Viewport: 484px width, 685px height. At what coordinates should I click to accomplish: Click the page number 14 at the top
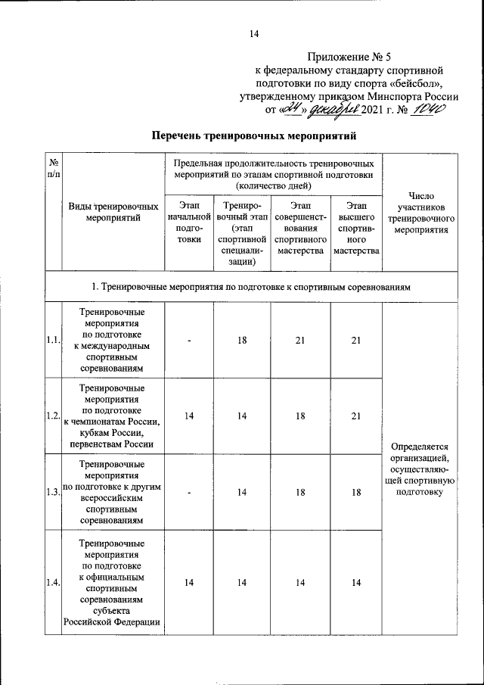254,33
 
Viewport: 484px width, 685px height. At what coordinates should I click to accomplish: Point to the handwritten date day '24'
291,110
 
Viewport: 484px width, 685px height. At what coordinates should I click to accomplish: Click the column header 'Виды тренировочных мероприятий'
113,212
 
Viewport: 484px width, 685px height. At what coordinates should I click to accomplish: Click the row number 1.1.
53,340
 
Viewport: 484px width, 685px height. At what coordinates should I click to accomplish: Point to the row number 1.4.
53,581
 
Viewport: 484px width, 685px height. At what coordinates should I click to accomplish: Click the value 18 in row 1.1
242,340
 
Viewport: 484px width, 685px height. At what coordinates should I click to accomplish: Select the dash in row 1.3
189,492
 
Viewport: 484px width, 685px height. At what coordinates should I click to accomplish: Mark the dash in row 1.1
189,340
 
